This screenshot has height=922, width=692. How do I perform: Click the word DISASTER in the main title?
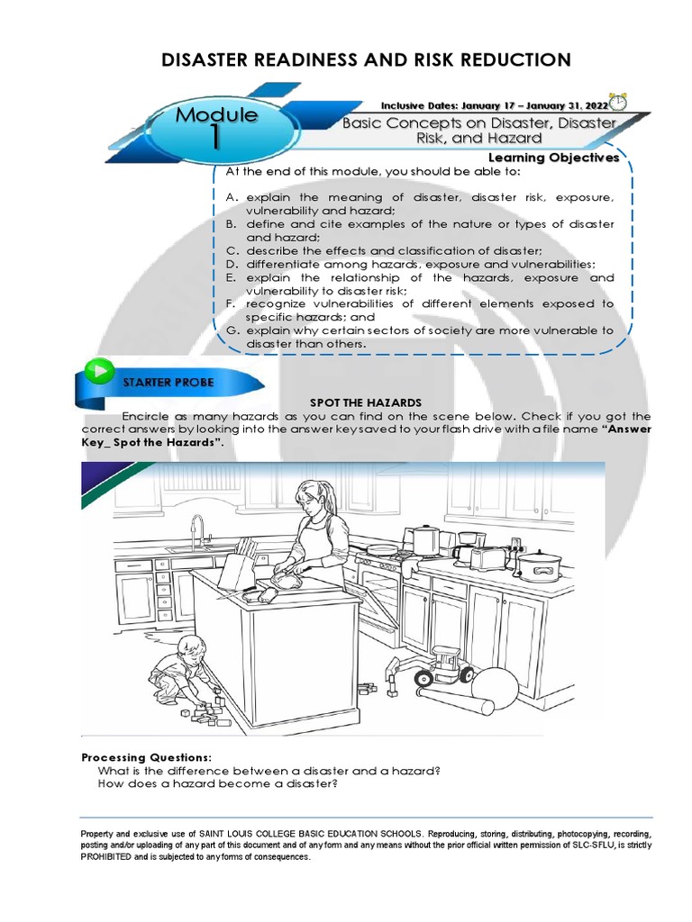208,60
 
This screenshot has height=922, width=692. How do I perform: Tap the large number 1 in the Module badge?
215,137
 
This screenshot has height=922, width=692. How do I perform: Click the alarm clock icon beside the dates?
619,100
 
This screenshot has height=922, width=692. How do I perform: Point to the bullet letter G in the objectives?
232,330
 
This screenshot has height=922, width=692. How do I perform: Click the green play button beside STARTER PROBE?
98,370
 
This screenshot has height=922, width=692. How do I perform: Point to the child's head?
191,648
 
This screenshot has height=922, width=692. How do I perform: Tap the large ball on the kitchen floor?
495,689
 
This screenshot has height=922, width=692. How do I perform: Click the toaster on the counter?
488,558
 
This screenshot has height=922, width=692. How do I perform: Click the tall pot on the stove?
423,540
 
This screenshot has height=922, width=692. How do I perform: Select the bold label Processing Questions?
147,757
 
